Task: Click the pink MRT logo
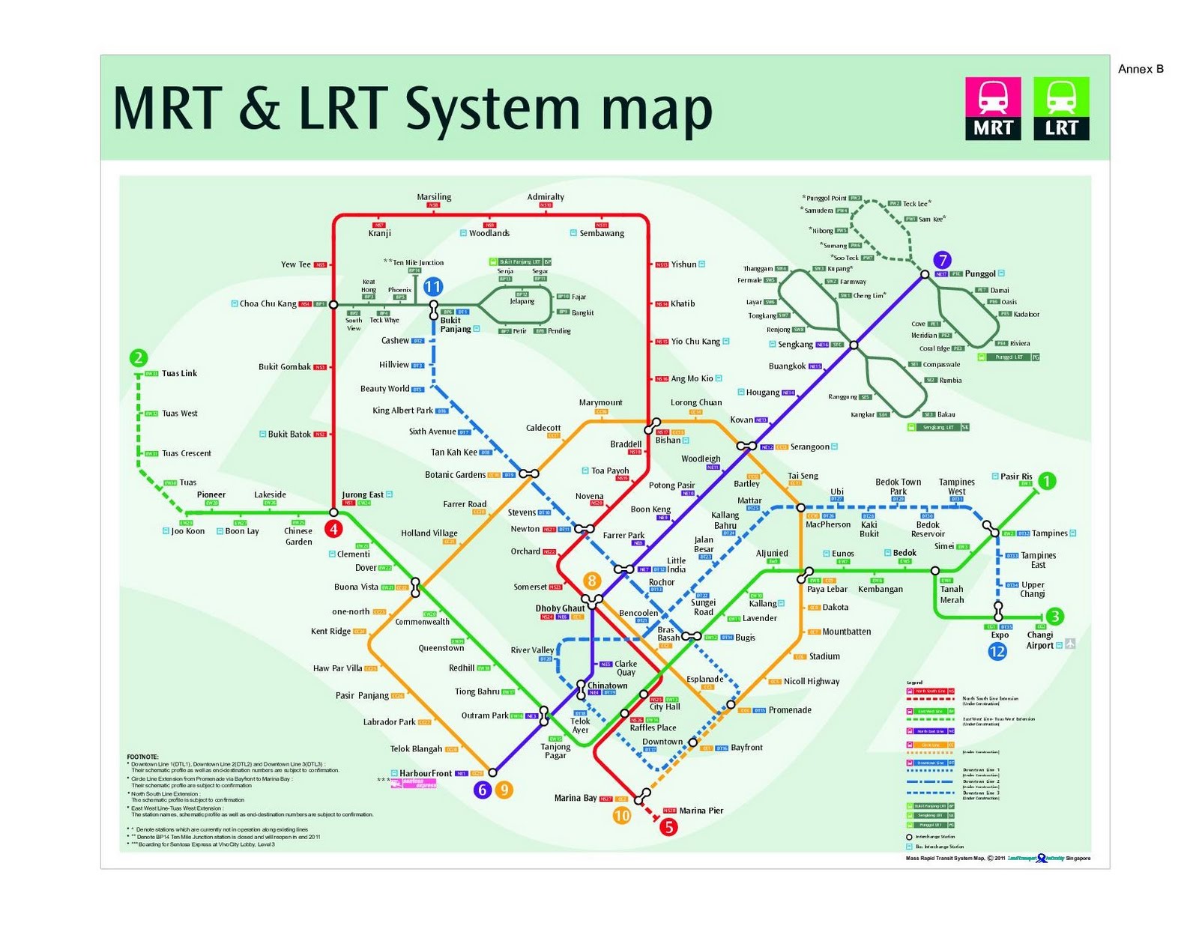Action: (993, 109)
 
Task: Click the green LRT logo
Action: (1061, 109)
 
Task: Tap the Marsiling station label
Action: (434, 197)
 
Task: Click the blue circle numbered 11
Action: (432, 287)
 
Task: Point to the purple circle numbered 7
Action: (942, 260)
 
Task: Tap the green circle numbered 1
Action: (1047, 481)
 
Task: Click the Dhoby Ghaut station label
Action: (560, 608)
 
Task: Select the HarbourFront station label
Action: (425, 773)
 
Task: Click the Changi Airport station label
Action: (1039, 640)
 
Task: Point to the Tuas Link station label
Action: (179, 373)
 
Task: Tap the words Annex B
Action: (1141, 69)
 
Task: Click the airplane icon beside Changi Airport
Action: (1070, 644)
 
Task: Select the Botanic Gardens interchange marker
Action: (529, 473)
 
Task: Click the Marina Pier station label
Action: (701, 811)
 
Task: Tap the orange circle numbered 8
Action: (592, 581)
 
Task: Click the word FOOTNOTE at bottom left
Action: (142, 757)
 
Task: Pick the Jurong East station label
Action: (363, 494)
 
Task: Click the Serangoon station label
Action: (809, 447)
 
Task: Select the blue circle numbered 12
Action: (997, 651)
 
